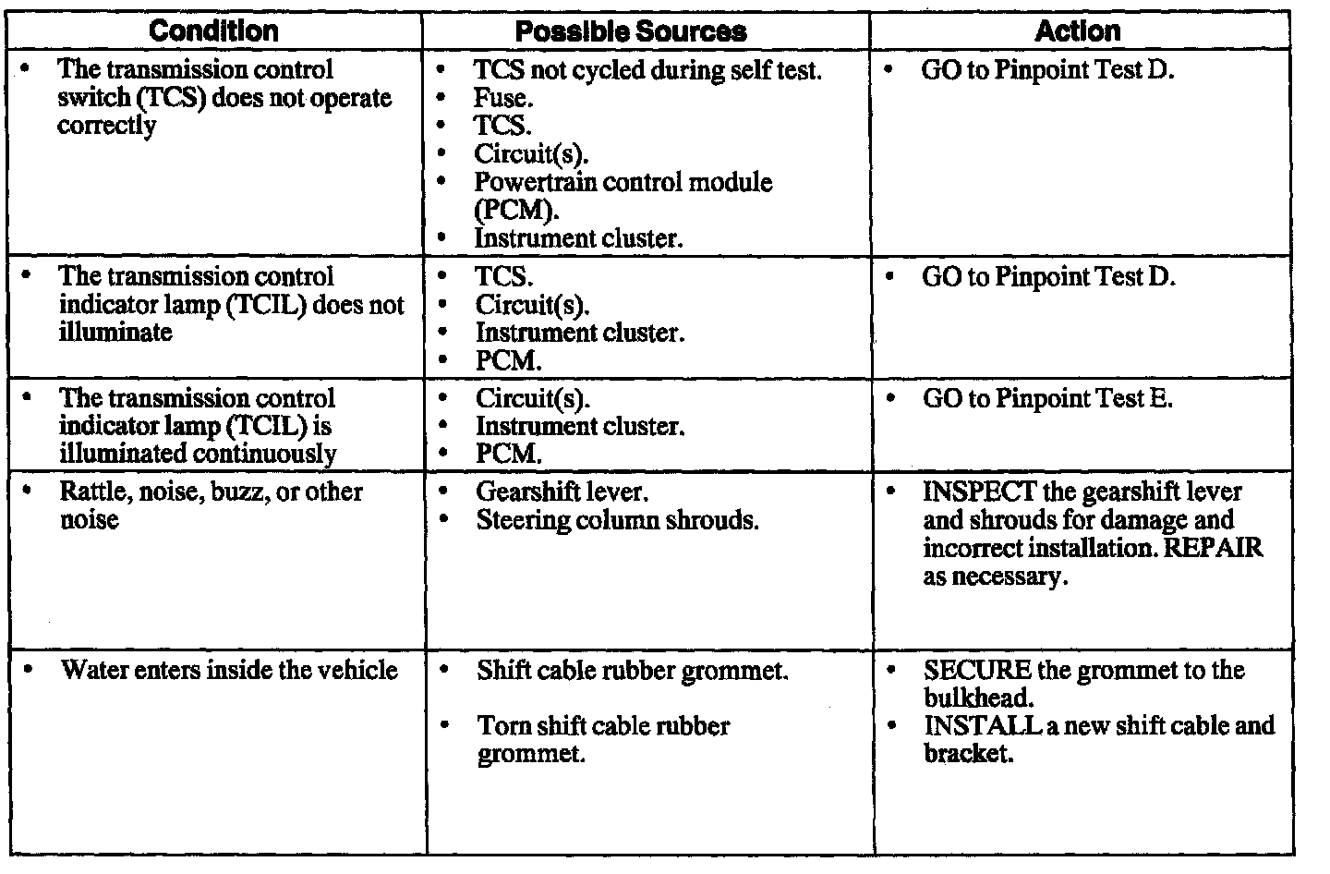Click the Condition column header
click(213, 30)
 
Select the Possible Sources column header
click(631, 31)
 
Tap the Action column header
click(1077, 30)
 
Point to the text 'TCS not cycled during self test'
click(647, 69)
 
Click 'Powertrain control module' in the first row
click(623, 182)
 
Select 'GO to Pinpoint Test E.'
click(1047, 399)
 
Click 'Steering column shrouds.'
click(617, 520)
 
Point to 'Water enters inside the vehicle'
click(229, 670)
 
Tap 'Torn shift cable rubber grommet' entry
click(603, 726)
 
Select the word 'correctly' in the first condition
click(106, 126)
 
